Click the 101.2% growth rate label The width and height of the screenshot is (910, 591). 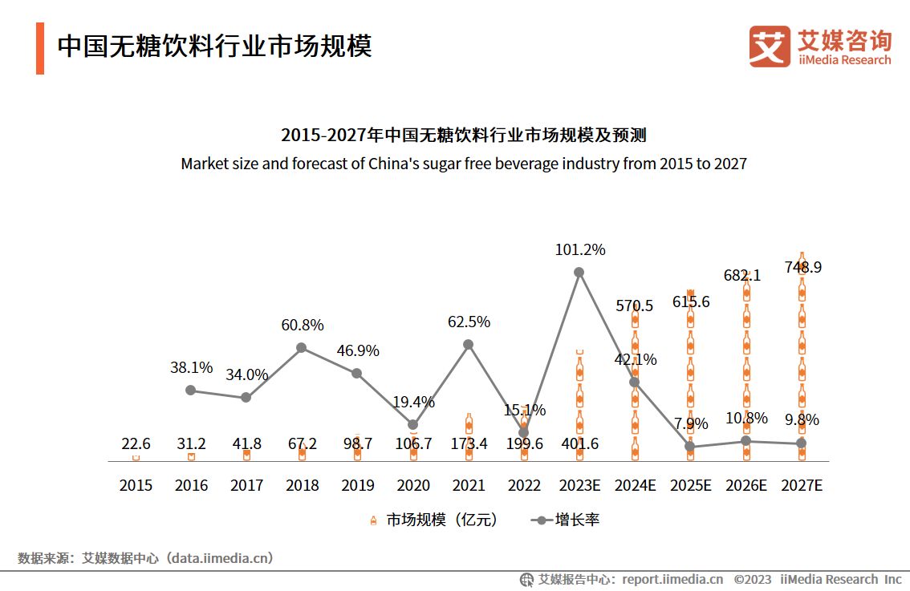click(x=579, y=249)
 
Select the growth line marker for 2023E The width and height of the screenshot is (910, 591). click(x=579, y=272)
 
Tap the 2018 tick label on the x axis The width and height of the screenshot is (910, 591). click(x=302, y=485)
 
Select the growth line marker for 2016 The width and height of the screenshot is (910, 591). click(x=190, y=390)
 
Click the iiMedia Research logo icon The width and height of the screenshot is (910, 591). click(x=769, y=47)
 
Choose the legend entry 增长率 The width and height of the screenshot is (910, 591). click(x=566, y=520)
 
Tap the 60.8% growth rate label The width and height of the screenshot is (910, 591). click(x=302, y=325)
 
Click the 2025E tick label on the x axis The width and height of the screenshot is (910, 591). click(x=690, y=485)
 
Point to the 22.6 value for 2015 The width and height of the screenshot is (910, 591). click(x=136, y=443)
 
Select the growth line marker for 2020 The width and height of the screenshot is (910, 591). click(x=412, y=424)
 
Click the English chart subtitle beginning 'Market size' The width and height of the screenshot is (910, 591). click(x=463, y=164)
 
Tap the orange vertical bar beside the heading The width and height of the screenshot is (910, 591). click(x=40, y=48)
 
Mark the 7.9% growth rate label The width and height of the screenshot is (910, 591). click(x=690, y=423)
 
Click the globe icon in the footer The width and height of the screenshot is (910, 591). click(x=526, y=579)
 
